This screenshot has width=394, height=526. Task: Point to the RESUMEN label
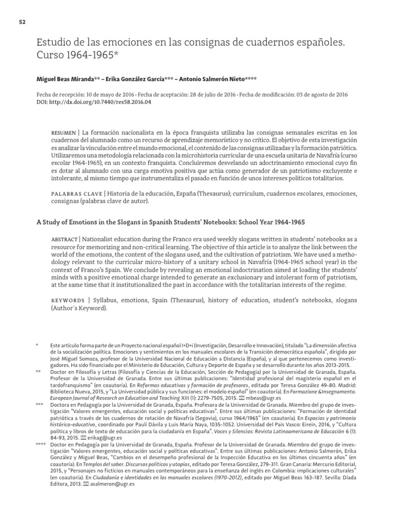63,132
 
